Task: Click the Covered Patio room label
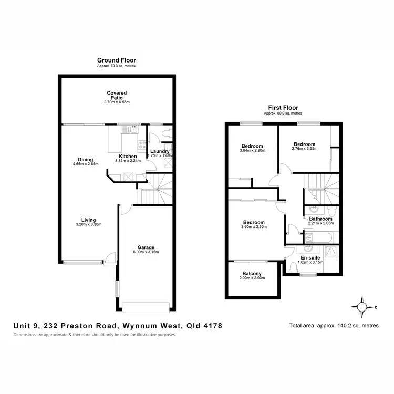click(117, 95)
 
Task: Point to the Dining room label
click(86, 160)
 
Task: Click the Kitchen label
click(128, 157)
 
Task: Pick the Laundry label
click(159, 152)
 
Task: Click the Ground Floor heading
click(117, 61)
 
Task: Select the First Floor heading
click(283, 108)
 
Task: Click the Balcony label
click(252, 273)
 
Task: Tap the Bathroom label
click(320, 219)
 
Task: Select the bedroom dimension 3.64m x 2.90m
click(253, 151)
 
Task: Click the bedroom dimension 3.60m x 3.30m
click(253, 227)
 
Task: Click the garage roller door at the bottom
click(145, 307)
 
